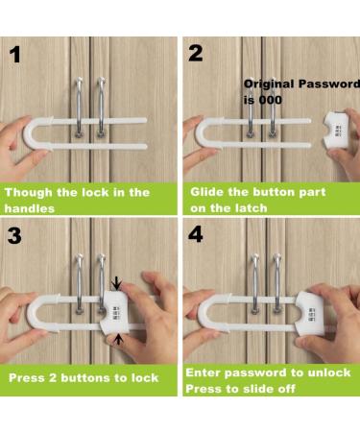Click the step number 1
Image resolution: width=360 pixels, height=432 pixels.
[17, 55]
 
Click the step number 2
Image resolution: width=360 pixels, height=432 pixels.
[197, 55]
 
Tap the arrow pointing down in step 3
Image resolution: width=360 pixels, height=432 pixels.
[118, 281]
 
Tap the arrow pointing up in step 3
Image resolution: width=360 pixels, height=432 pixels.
[118, 339]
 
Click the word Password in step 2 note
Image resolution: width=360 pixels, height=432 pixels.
[316, 84]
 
